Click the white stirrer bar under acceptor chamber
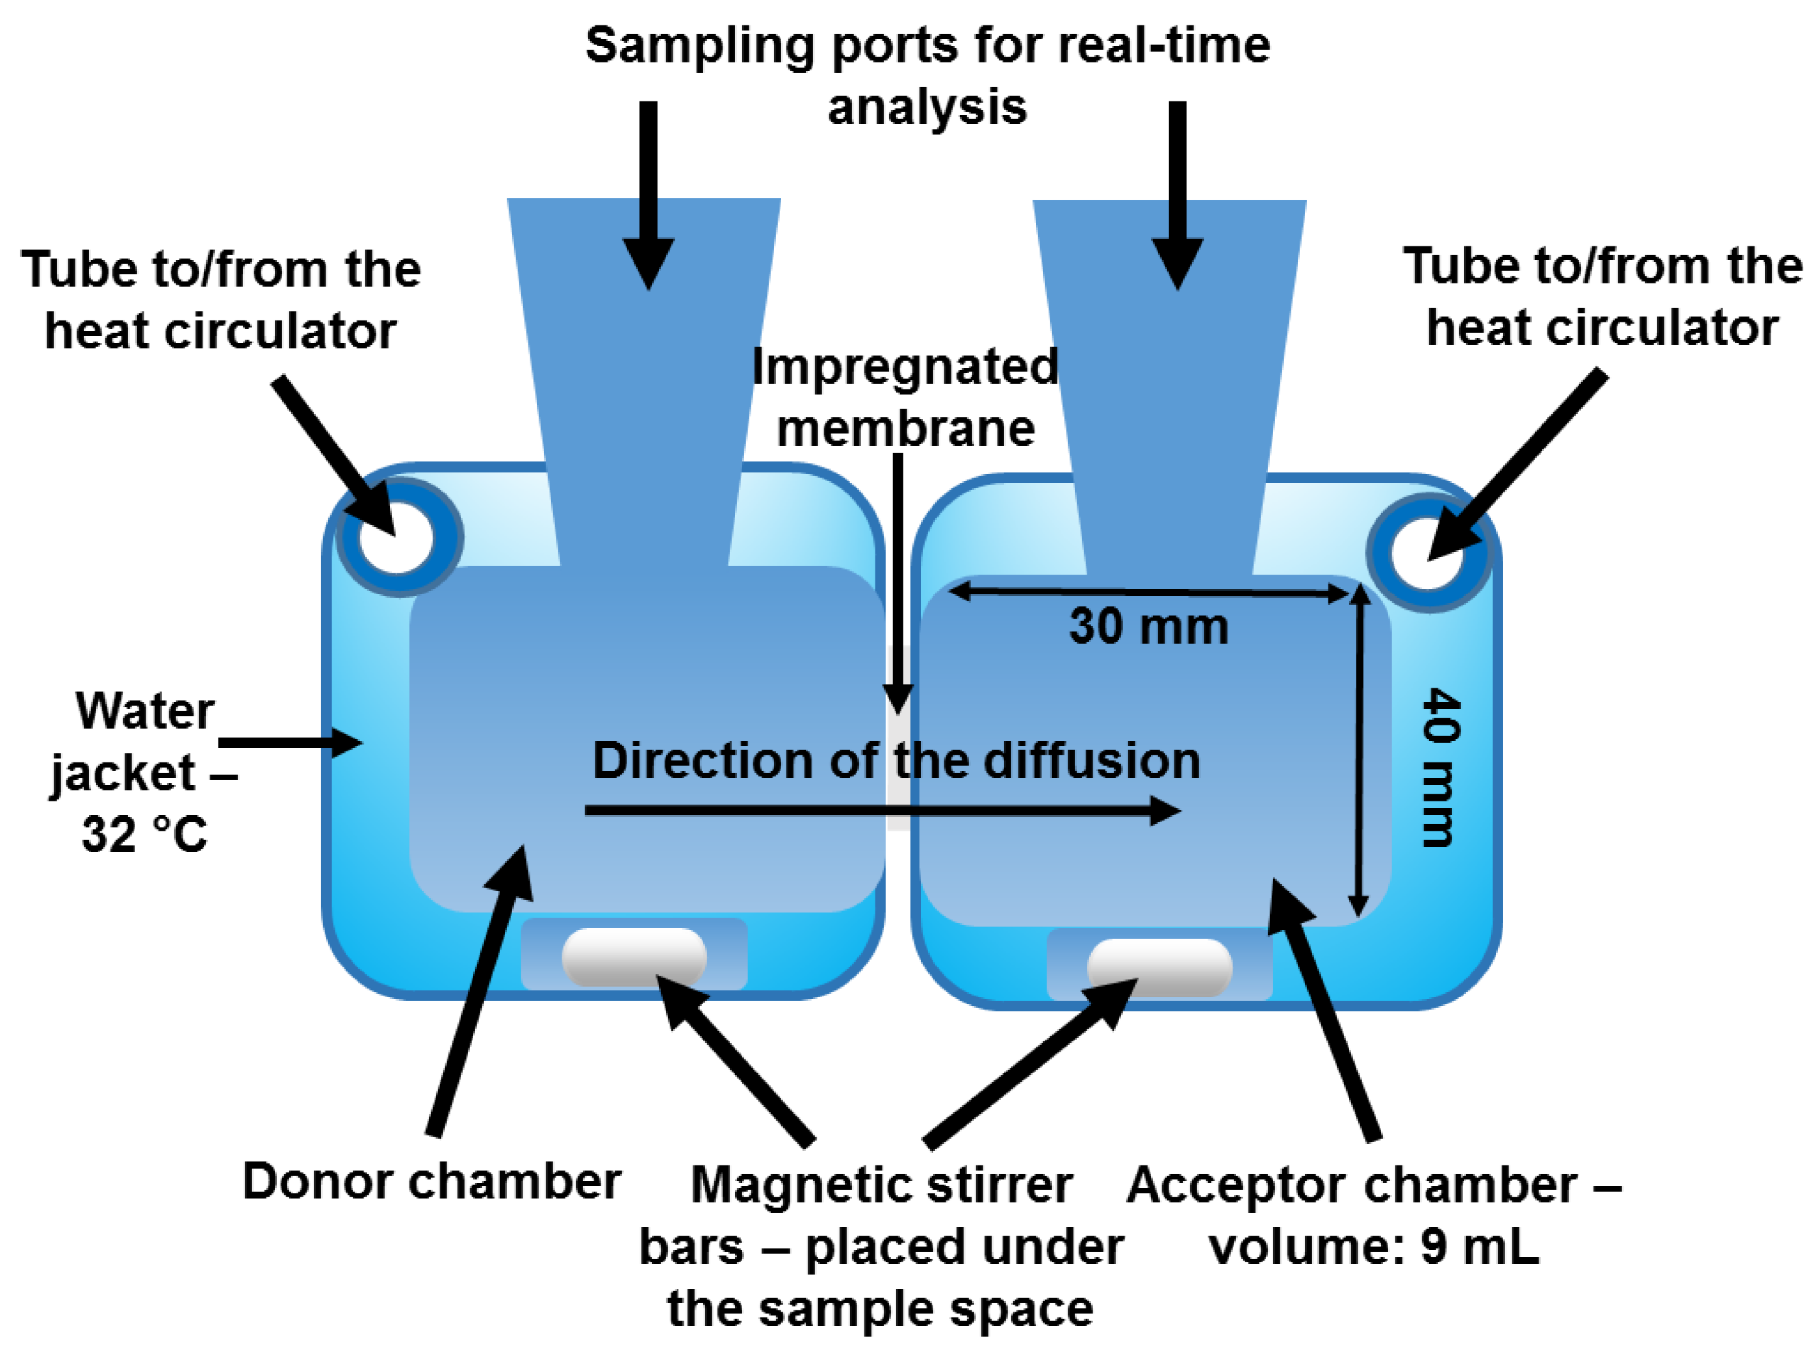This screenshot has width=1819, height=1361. (1159, 968)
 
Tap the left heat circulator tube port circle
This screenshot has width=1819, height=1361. (398, 538)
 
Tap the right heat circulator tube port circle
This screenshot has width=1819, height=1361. (1428, 552)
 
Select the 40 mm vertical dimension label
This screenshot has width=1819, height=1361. (1441, 766)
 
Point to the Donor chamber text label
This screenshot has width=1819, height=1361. (431, 1182)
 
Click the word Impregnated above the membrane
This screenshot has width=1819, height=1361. (905, 368)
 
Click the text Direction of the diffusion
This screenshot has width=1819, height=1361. (896, 760)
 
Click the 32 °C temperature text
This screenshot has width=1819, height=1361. (144, 834)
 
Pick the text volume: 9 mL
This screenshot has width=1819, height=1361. (1373, 1247)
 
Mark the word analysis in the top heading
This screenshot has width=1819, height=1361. (927, 108)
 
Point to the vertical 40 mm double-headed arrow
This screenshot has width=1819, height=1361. (1360, 750)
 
